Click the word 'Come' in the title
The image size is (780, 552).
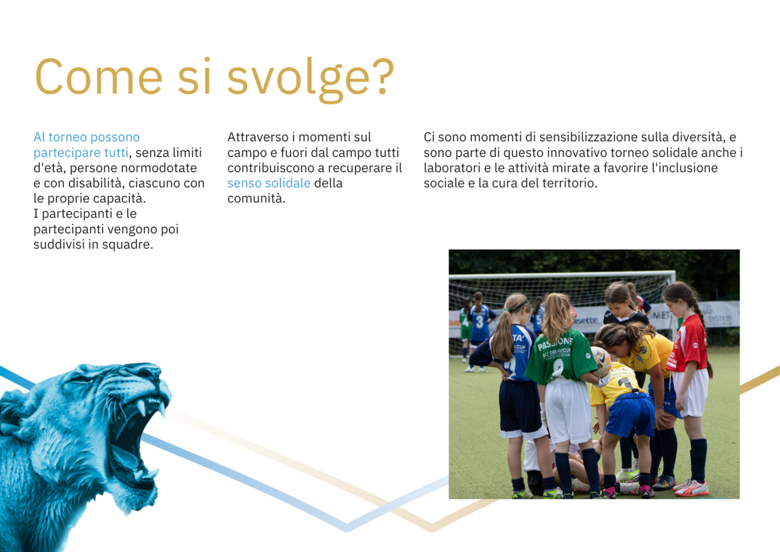(x=99, y=77)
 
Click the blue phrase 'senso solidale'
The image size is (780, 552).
(x=269, y=183)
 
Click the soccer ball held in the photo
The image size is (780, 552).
(x=601, y=361)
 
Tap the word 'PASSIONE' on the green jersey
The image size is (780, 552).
(x=555, y=343)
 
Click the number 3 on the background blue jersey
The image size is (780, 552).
(x=479, y=322)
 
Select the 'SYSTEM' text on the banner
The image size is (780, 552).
(x=720, y=319)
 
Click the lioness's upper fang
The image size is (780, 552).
(x=141, y=407)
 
